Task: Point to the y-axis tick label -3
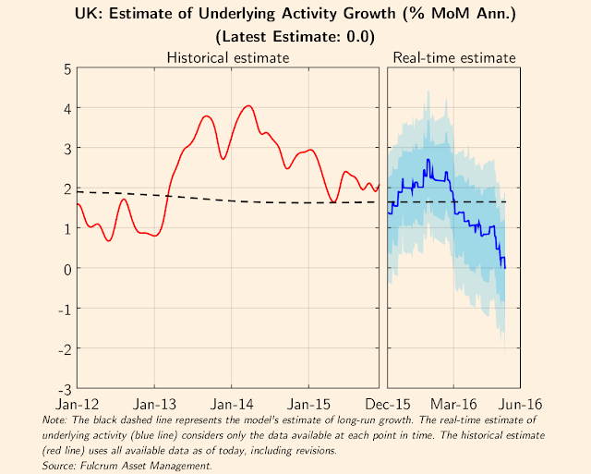(x=66, y=388)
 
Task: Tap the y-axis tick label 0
(x=68, y=268)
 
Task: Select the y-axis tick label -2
(x=66, y=348)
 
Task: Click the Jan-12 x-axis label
(x=77, y=404)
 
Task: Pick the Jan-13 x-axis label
(x=154, y=404)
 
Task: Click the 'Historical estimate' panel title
(x=227, y=57)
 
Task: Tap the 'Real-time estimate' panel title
(x=454, y=57)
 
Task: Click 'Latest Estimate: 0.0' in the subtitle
(x=295, y=38)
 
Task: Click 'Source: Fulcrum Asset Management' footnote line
(x=127, y=467)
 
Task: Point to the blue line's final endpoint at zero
(x=505, y=268)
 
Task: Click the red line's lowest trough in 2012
(x=109, y=241)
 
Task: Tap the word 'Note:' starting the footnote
(x=55, y=420)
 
